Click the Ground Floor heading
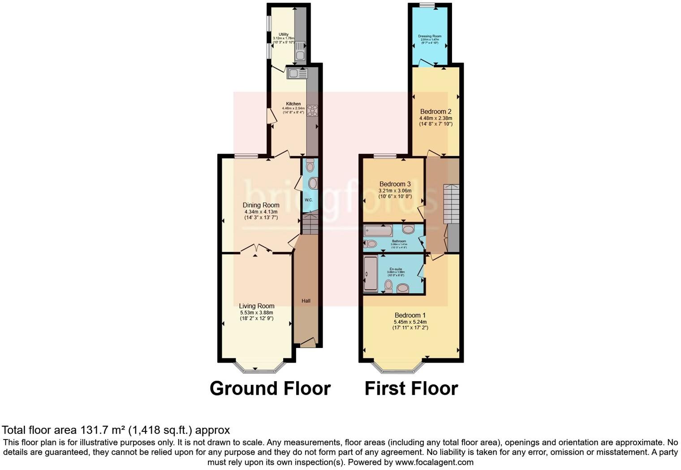point(270,388)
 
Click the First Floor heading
point(411,388)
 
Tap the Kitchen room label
point(293,104)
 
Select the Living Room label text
point(256,306)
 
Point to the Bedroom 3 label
point(395,184)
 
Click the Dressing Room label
point(430,36)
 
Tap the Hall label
point(306,301)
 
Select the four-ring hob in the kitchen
point(312,110)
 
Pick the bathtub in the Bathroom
point(379,231)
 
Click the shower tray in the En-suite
point(371,274)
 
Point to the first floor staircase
point(451,204)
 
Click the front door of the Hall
point(307,344)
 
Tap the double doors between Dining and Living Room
point(255,248)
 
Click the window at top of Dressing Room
point(427,5)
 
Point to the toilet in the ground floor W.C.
point(310,166)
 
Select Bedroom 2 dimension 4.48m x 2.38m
point(435,118)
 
